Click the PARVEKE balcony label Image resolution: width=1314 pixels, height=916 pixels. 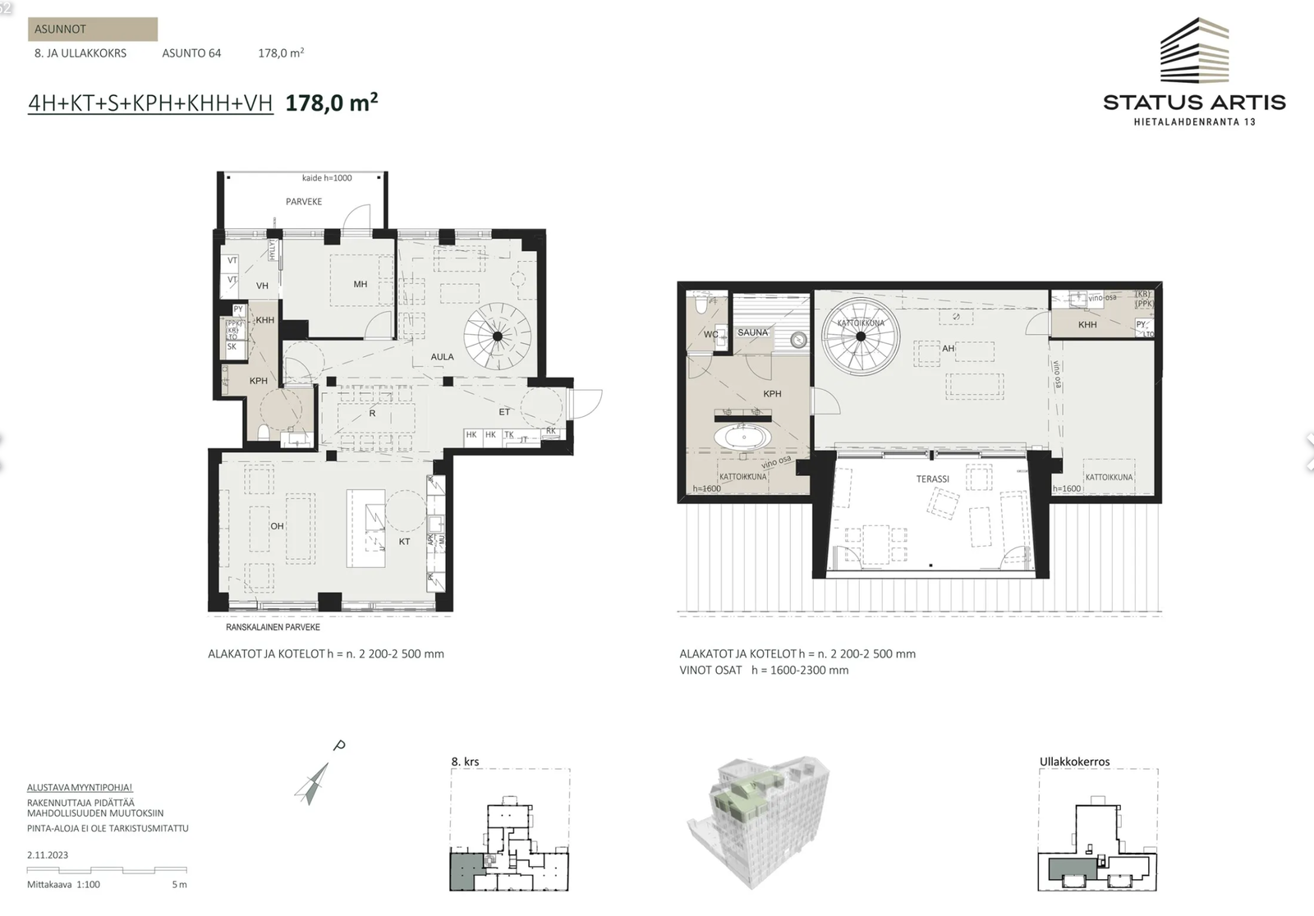[x=304, y=201]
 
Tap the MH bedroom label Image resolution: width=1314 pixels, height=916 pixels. [x=361, y=285]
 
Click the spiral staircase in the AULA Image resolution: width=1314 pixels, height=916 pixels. [x=496, y=336]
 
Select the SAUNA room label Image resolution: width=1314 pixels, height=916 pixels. [x=752, y=332]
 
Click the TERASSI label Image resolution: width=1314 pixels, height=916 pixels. [x=933, y=479]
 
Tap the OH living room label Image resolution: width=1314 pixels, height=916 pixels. [x=277, y=526]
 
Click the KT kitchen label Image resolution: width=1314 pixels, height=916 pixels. [x=404, y=542]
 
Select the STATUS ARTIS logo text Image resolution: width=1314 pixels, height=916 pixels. [x=1194, y=103]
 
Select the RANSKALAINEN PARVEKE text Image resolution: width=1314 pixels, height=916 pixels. [x=273, y=627]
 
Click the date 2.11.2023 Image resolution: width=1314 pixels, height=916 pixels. [x=48, y=854]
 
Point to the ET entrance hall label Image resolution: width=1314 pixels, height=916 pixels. [x=504, y=412]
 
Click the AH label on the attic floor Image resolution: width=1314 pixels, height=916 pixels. [x=948, y=349]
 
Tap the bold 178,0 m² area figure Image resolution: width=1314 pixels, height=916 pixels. [x=331, y=103]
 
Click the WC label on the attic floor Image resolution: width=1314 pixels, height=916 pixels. [x=710, y=335]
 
